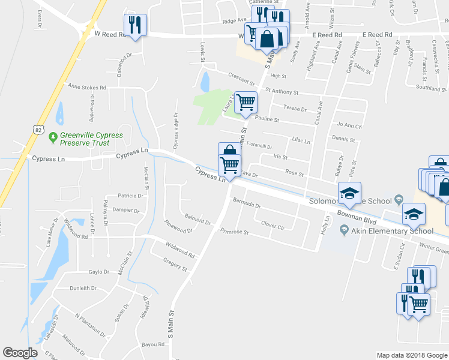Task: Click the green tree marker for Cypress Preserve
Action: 53,137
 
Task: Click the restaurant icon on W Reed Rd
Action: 134,25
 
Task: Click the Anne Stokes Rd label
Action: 86,87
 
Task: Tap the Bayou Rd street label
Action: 152,344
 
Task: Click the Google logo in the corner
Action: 20,353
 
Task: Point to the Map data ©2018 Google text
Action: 411,355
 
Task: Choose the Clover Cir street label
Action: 272,226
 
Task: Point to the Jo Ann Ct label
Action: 349,125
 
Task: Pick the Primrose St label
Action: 234,231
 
